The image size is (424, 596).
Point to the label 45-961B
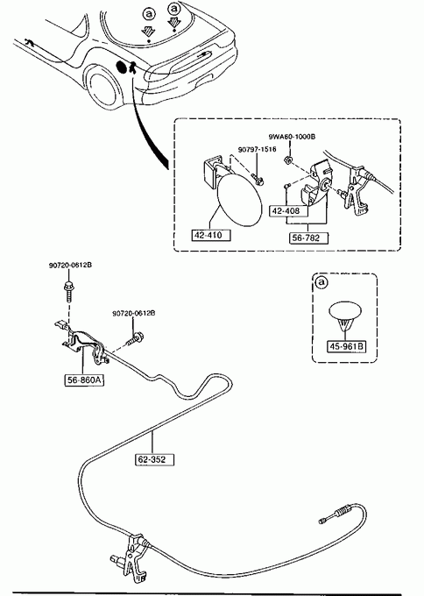pos(346,347)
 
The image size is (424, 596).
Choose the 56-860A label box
pos(85,380)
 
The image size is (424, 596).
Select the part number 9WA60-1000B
pos(292,137)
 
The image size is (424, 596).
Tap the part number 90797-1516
pos(258,150)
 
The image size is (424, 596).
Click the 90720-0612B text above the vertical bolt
pos(70,266)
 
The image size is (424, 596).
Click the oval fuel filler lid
pos(239,199)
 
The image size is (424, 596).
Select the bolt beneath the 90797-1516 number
pos(258,179)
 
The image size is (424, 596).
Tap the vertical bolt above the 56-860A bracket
pos(69,291)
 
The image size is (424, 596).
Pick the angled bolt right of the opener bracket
pos(135,338)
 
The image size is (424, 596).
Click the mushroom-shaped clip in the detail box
pos(344,316)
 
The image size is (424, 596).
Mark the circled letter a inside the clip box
pos(322,282)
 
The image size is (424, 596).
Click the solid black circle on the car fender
pos(122,67)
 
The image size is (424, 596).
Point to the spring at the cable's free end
pos(344,510)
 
